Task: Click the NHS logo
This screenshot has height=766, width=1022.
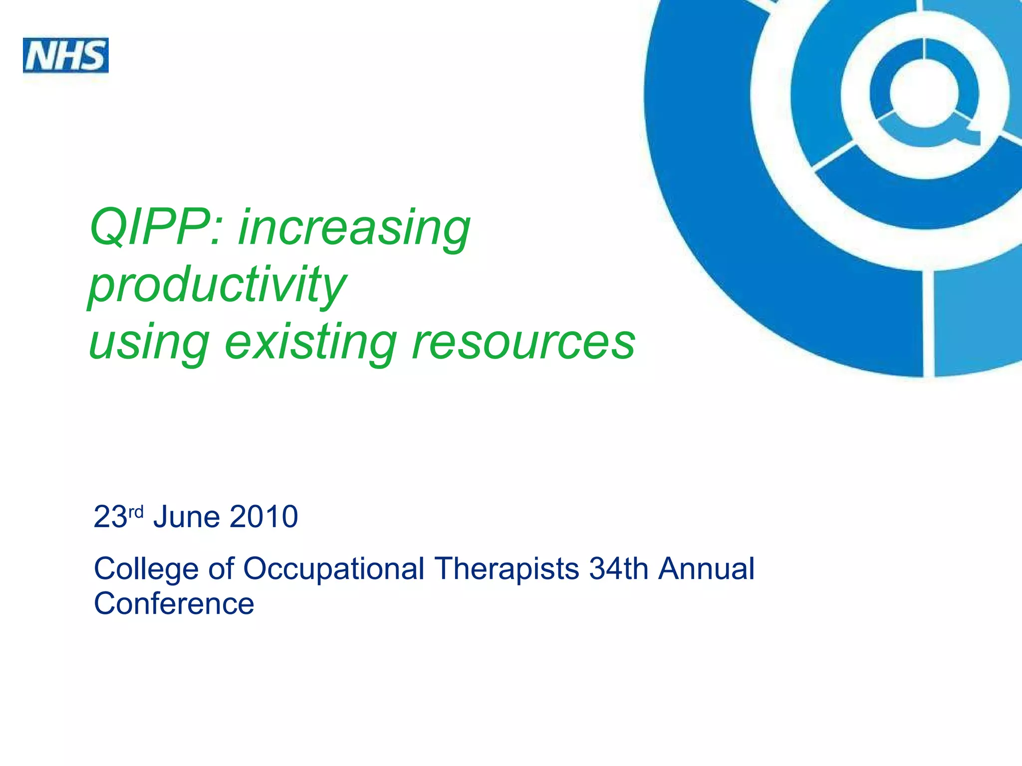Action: pyautogui.click(x=66, y=55)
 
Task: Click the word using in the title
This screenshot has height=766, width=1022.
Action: pyautogui.click(x=149, y=343)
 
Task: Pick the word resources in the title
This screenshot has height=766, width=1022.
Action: pyautogui.click(x=523, y=343)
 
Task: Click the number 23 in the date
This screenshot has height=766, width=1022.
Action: pyautogui.click(x=110, y=517)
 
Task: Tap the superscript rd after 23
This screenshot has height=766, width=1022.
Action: pyautogui.click(x=136, y=511)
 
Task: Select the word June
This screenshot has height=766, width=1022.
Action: pyautogui.click(x=187, y=517)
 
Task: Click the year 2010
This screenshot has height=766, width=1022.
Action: pyautogui.click(x=264, y=517)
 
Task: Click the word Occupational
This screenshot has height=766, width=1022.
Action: pyautogui.click(x=333, y=570)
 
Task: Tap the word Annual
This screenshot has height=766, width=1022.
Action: pyautogui.click(x=706, y=569)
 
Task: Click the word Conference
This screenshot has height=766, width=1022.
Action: pyautogui.click(x=174, y=603)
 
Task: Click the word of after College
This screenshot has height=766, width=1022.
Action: pyautogui.click(x=221, y=569)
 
